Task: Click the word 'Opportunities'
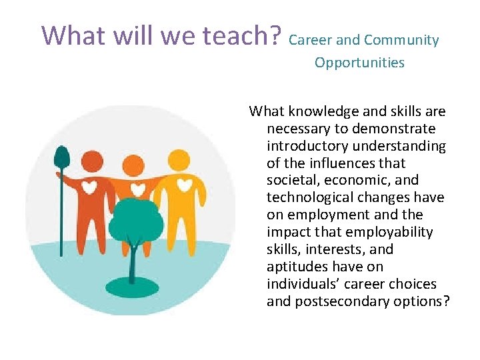[x=359, y=63]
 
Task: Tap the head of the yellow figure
[x=179, y=160]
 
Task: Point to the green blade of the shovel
[x=61, y=156]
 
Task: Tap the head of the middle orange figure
[x=134, y=164]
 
